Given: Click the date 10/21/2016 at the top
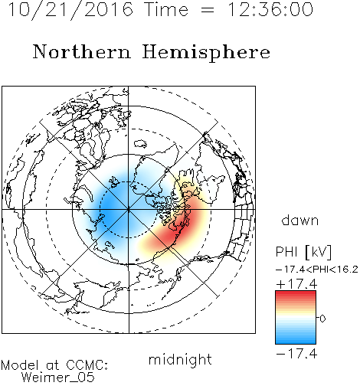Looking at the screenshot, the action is (x=70, y=10).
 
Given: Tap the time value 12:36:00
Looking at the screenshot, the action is (x=270, y=9).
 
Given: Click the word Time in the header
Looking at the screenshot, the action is (x=166, y=9).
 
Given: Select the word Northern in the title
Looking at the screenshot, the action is (x=82, y=52).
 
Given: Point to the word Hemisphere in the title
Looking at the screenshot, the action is (x=206, y=53).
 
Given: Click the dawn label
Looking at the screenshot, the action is (x=300, y=221).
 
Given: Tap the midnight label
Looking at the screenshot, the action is (x=180, y=359).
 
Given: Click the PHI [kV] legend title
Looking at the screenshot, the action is (x=303, y=252).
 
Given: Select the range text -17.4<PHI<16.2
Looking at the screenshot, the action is (x=317, y=270).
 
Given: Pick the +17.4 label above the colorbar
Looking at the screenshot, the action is (x=296, y=284).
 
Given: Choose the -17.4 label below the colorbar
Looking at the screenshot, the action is (x=296, y=354).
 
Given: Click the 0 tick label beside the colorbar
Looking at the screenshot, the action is (x=322, y=319).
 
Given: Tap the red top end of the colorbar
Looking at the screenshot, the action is (x=296, y=293).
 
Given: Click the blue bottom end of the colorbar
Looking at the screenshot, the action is (x=296, y=342).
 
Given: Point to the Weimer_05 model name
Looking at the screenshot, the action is (x=58, y=378).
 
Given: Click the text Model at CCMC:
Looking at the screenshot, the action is (x=54, y=365).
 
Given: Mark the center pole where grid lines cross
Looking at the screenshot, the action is (x=129, y=210).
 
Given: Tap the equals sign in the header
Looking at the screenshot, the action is (x=208, y=10).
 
